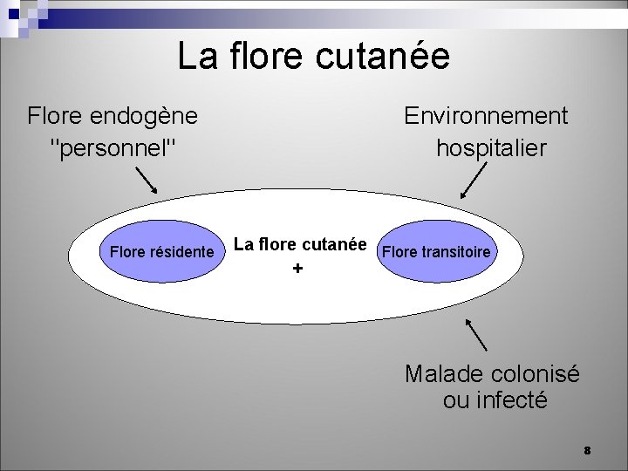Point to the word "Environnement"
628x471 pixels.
[x=486, y=116]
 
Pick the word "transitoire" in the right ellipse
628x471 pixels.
[x=460, y=253]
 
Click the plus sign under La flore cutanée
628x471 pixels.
[x=298, y=270]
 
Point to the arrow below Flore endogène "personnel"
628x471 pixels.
[x=147, y=181]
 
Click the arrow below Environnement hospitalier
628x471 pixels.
[x=473, y=182]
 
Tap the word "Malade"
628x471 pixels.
[x=444, y=374]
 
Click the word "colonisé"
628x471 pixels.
[x=535, y=374]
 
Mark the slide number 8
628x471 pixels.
[x=587, y=450]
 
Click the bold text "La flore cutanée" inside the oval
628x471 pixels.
[x=300, y=245]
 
